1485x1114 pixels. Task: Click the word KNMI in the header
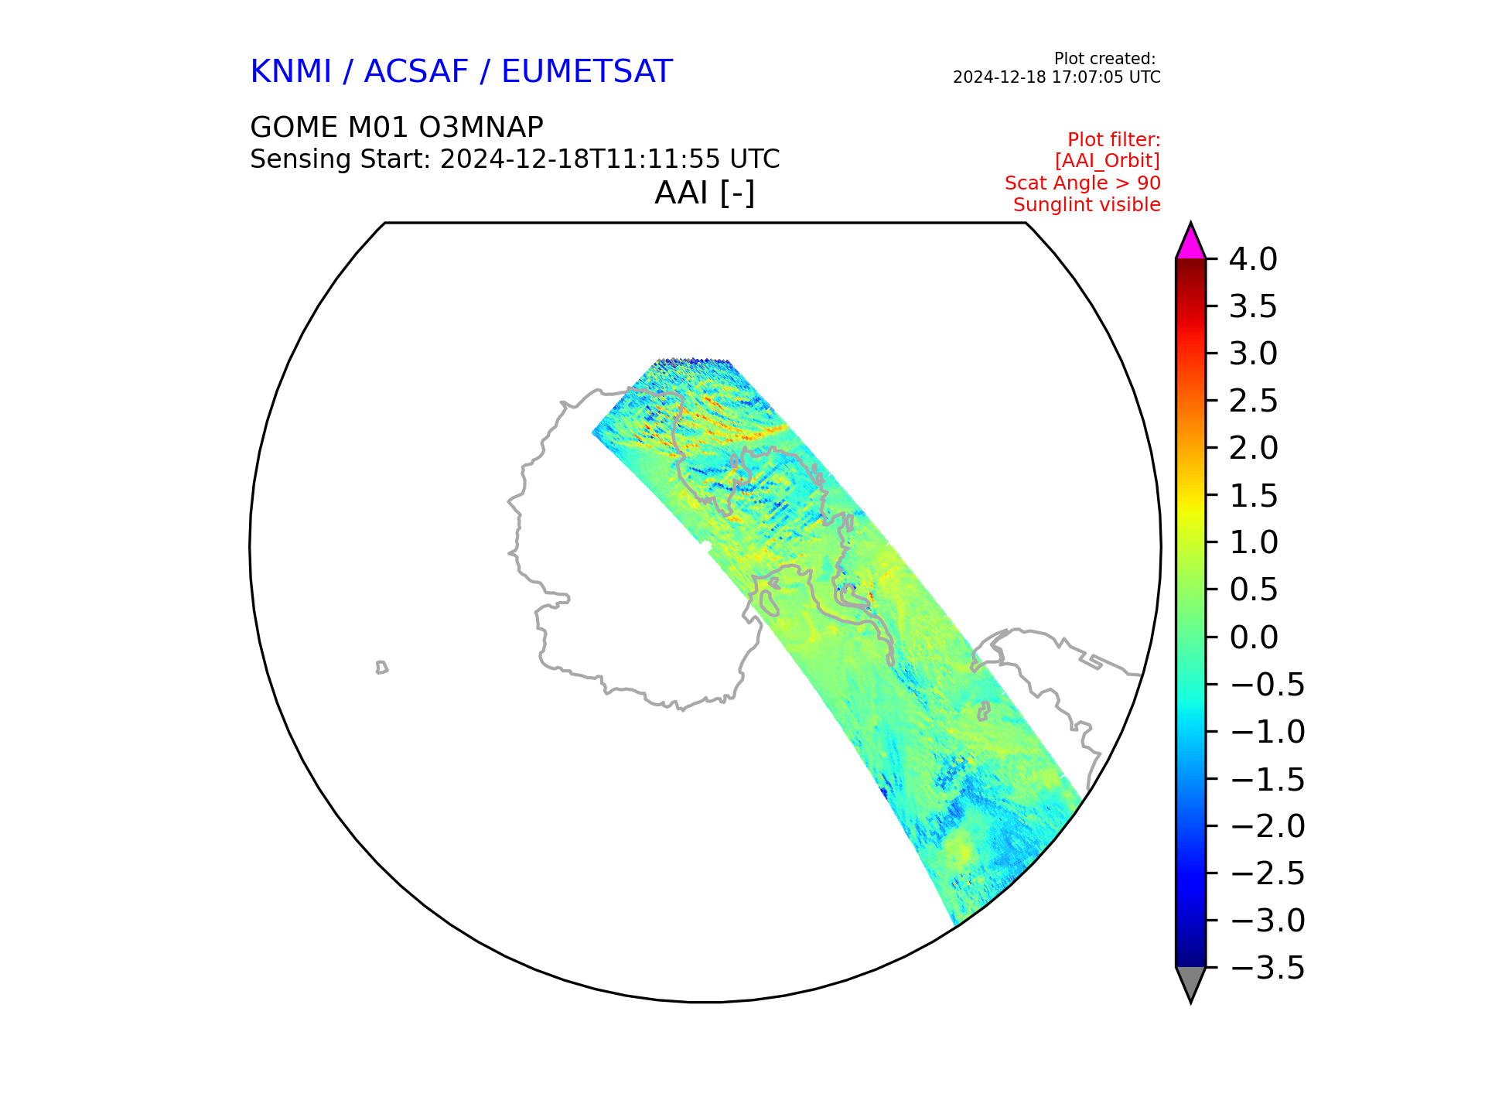pos(291,72)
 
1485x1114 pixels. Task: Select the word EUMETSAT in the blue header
pos(587,72)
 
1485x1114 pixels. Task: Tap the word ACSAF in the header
pos(416,72)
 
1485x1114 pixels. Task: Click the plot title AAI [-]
pos(705,193)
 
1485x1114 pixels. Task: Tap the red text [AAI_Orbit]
pos(1108,161)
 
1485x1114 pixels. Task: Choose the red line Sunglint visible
pos(1087,205)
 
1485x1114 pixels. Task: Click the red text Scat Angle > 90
pos(1083,183)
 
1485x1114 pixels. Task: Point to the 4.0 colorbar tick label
pos(1253,259)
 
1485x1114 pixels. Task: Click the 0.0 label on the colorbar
pos(1253,637)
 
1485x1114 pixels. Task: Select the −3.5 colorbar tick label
pos(1267,968)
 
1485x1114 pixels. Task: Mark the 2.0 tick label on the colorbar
pos(1253,448)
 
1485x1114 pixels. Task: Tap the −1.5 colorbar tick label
pos(1267,779)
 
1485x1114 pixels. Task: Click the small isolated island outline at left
pos(381,668)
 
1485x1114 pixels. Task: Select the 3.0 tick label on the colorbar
pos(1253,354)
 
